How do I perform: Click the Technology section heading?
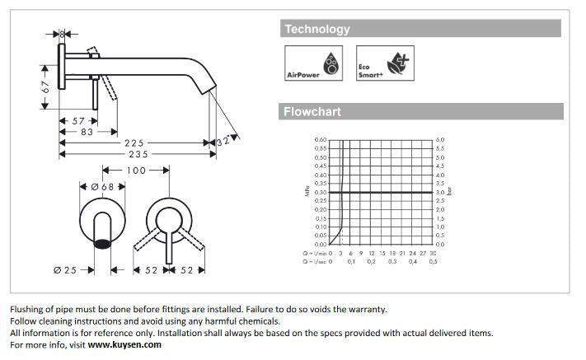316,30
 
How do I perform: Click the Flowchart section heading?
312,111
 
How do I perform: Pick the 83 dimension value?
87,132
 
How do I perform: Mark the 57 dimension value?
79,121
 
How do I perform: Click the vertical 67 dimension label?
47,84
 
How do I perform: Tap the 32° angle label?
223,141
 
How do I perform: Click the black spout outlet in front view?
102,243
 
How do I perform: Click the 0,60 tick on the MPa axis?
321,140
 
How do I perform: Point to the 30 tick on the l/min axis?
432,253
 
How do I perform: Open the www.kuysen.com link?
124,345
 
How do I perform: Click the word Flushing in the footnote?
27,310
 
